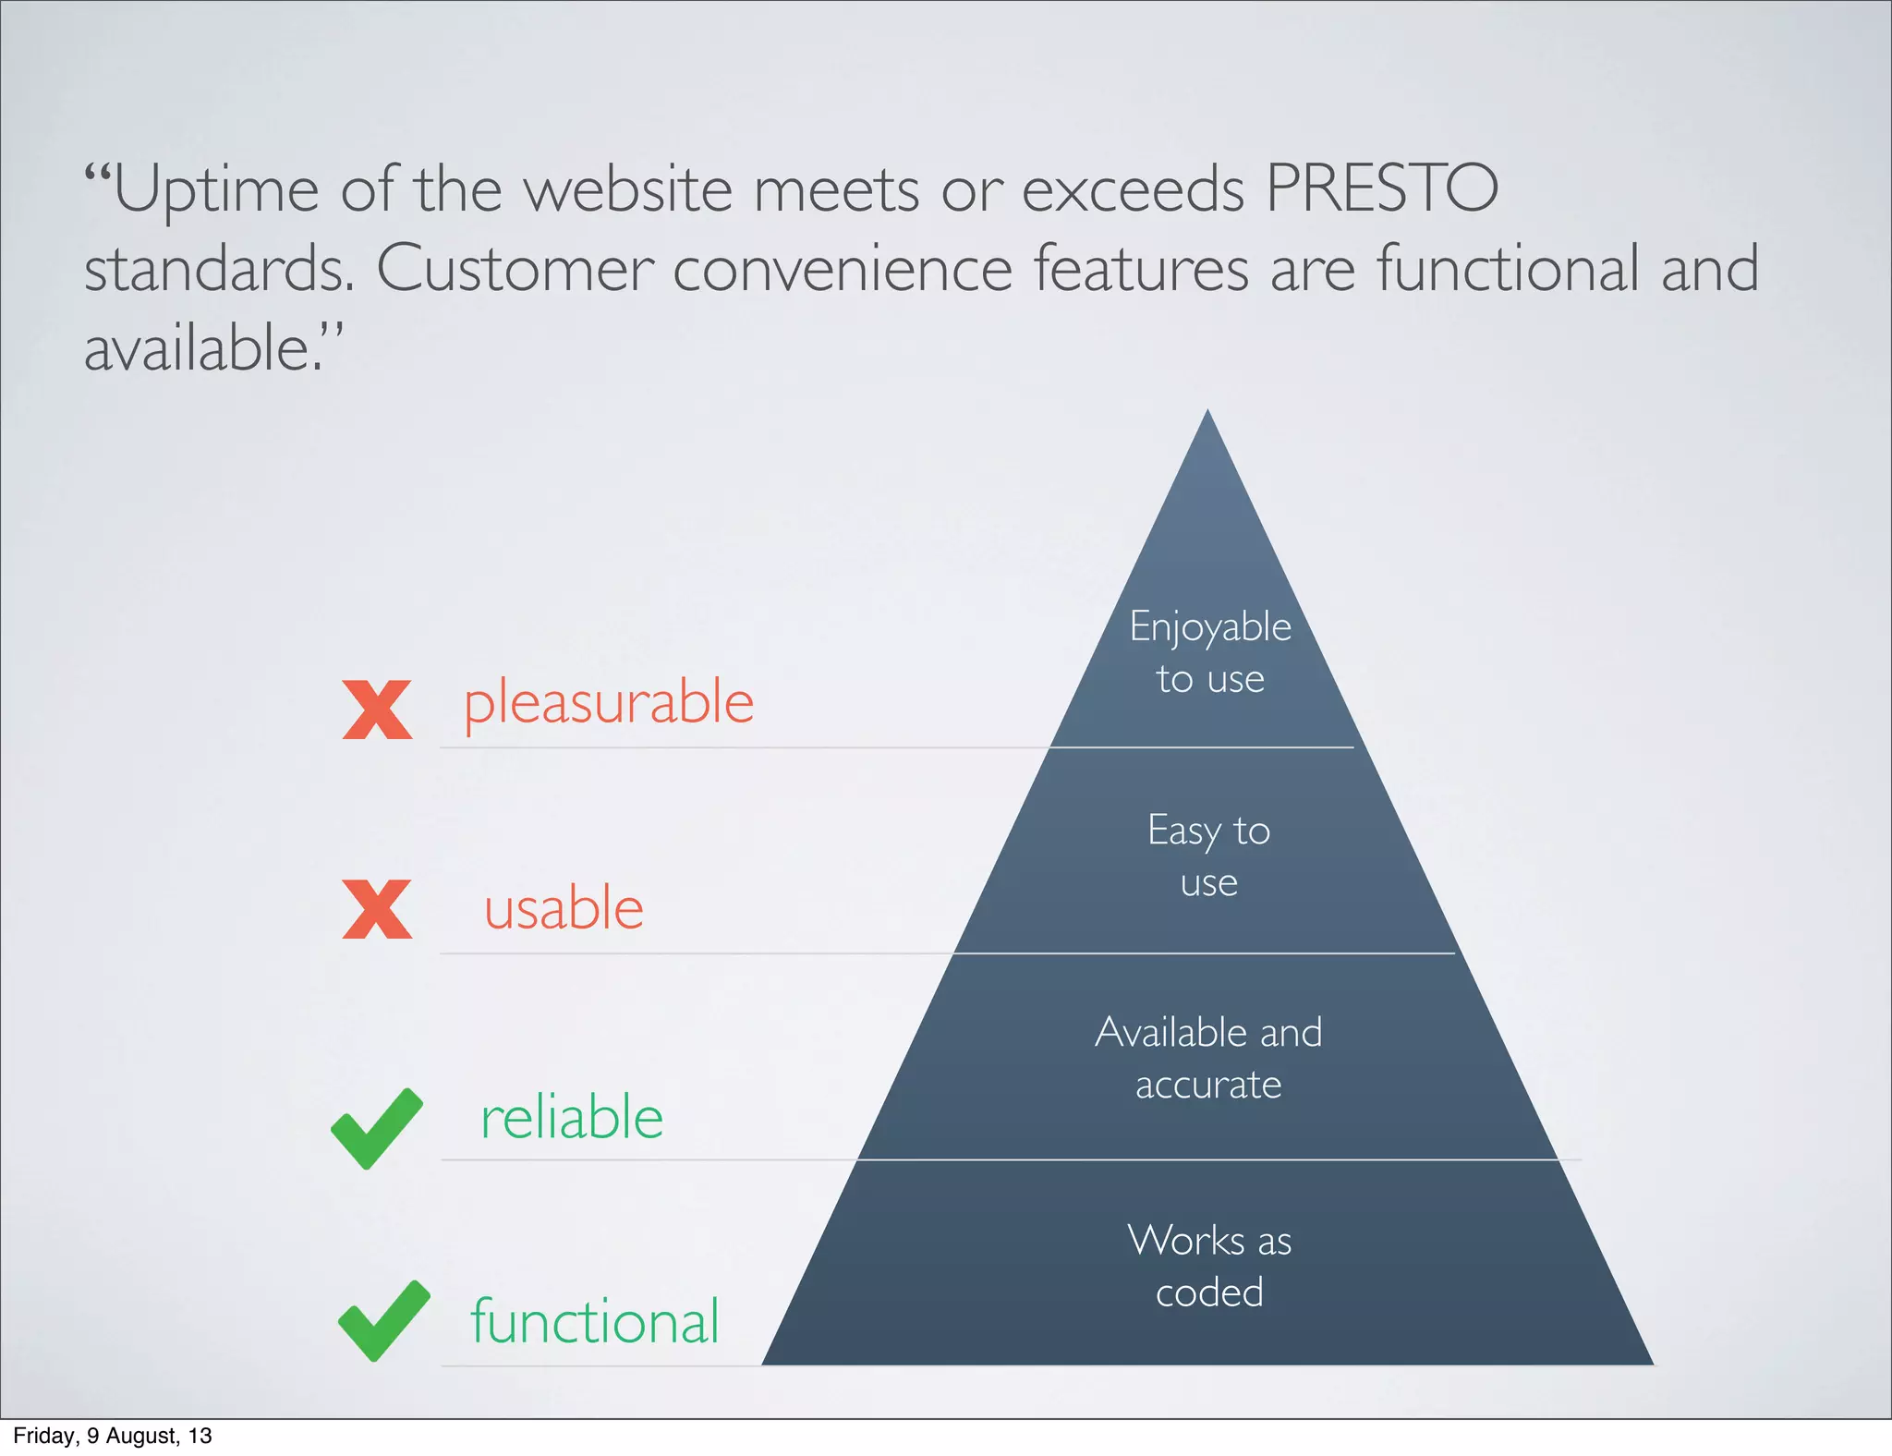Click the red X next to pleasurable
tap(377, 710)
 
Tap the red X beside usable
tap(377, 909)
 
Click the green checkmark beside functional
tap(383, 1321)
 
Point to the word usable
tap(564, 909)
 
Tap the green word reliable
tap(572, 1118)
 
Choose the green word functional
tap(594, 1321)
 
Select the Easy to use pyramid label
tap(1208, 855)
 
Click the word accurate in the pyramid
tap(1208, 1085)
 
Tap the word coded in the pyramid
tap(1209, 1292)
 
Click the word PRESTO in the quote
tap(1381, 189)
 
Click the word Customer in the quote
tap(515, 269)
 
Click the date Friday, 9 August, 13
tap(113, 1436)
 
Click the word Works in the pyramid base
tap(1185, 1241)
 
